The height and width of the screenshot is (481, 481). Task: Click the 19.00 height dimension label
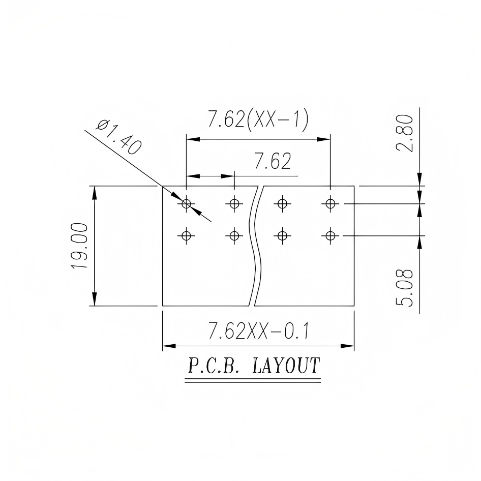[x=79, y=246]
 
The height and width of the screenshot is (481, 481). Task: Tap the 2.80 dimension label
[x=404, y=133]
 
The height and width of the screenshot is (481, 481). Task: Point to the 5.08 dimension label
[x=404, y=287]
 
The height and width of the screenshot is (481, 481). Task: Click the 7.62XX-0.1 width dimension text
[x=258, y=330]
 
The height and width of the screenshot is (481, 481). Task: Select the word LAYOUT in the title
[x=286, y=366]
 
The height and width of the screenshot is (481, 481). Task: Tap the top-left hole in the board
[x=186, y=203]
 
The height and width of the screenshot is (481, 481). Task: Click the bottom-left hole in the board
[x=186, y=235]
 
